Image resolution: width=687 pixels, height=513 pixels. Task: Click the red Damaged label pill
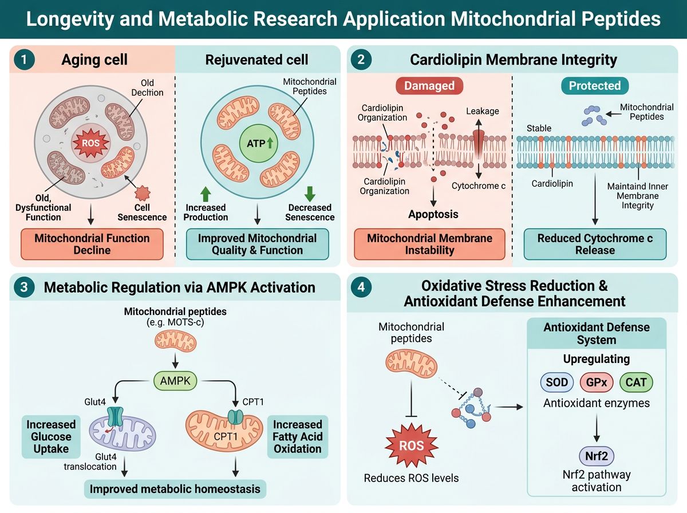pyautogui.click(x=429, y=86)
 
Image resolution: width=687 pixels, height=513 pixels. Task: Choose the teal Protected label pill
pyautogui.click(x=594, y=86)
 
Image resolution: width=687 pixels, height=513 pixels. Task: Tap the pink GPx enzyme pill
pyautogui.click(x=597, y=382)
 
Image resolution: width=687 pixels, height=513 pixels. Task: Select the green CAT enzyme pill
pyautogui.click(x=635, y=382)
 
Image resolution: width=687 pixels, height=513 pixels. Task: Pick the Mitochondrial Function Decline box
pyautogui.click(x=92, y=244)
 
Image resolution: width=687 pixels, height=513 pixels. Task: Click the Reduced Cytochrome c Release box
pyautogui.click(x=595, y=244)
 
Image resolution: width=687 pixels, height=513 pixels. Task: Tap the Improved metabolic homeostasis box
pyautogui.click(x=174, y=488)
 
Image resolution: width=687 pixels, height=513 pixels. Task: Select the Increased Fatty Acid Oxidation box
pyautogui.click(x=297, y=436)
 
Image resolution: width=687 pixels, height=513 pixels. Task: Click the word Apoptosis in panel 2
pyautogui.click(x=434, y=215)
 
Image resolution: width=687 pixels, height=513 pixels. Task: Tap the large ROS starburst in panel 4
pyautogui.click(x=412, y=445)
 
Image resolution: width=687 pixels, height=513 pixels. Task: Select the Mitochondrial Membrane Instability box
pyautogui.click(x=429, y=244)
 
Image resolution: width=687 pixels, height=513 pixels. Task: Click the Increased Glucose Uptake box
pyautogui.click(x=50, y=436)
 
